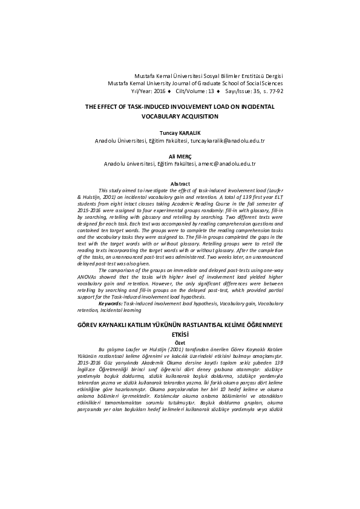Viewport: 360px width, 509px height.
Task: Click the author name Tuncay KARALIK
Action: tap(180, 131)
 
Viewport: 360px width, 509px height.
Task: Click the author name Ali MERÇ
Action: tap(180, 155)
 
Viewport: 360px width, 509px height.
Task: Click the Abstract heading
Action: tap(180, 183)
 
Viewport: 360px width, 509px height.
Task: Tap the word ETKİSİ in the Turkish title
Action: tap(180, 334)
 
